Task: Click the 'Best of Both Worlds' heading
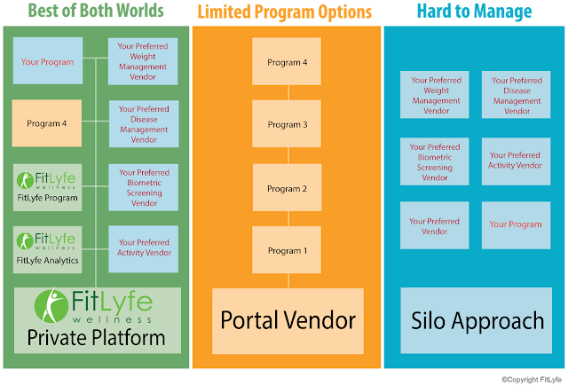[96, 11]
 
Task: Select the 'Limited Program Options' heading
[285, 12]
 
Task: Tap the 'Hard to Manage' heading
[474, 11]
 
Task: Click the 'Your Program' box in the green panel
[48, 61]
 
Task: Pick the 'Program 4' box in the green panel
[47, 123]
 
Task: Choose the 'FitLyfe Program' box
[47, 187]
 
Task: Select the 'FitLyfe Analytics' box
[47, 249]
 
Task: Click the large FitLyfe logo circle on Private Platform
[51, 306]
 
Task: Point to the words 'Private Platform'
[96, 338]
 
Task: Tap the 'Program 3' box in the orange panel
[287, 123]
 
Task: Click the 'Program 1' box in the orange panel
[287, 249]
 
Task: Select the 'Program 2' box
[287, 187]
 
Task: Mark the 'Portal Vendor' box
[288, 321]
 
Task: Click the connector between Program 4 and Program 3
[288, 92]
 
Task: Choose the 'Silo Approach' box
[477, 320]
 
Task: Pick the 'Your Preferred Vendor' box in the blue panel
[434, 225]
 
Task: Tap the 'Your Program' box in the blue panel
[516, 225]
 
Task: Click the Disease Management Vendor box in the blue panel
[516, 95]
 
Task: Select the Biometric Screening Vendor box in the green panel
[144, 187]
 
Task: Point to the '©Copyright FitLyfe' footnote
[532, 380]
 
